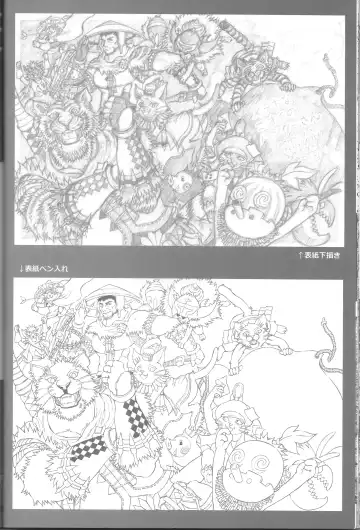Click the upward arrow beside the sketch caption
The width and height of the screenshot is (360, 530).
[300, 256]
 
